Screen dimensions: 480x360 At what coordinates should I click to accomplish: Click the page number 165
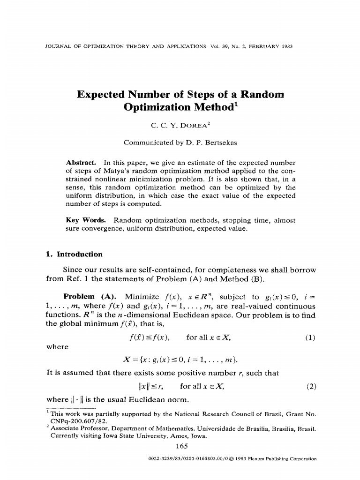pyautogui.click(x=181, y=446)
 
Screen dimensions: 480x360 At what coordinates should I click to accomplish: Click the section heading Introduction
pyautogui.click(x=79, y=254)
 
